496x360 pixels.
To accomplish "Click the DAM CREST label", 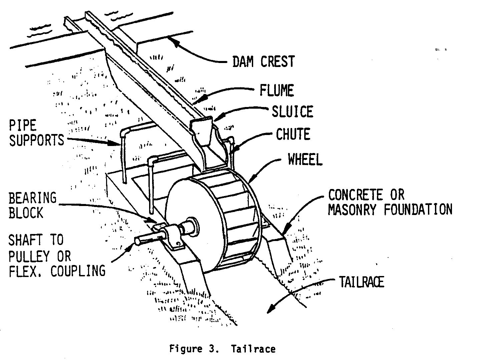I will (263, 62).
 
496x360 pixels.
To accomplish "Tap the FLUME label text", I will (277, 90).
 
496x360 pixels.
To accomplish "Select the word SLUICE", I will (293, 111).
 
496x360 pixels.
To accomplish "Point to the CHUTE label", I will (293, 134).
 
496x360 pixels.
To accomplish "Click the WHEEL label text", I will (305, 160).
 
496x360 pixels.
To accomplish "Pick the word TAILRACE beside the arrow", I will (362, 282).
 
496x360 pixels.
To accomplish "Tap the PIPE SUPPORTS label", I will (36, 133).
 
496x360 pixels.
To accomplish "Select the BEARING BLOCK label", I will (32, 205).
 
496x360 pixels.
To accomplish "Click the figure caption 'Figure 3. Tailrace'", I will (222, 349).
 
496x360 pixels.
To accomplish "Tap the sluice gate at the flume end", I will (202, 132).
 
